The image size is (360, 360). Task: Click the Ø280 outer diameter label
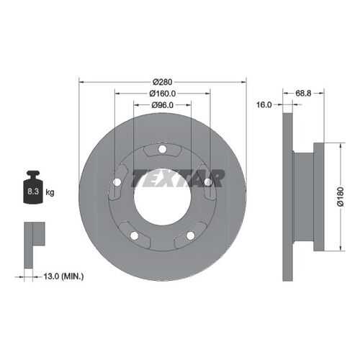[x=163, y=82]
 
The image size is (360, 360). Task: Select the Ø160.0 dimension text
[x=163, y=94]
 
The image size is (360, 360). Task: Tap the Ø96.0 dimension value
[x=162, y=105]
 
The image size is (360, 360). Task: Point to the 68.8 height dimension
[x=303, y=94]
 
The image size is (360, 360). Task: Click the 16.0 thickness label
[x=264, y=104]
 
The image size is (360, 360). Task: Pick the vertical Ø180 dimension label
[x=341, y=197]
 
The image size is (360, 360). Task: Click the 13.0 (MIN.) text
[x=63, y=276]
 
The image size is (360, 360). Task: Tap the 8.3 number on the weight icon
[x=33, y=192]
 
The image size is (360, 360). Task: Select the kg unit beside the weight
[x=50, y=192]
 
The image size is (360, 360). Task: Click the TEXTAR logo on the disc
[x=178, y=179]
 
